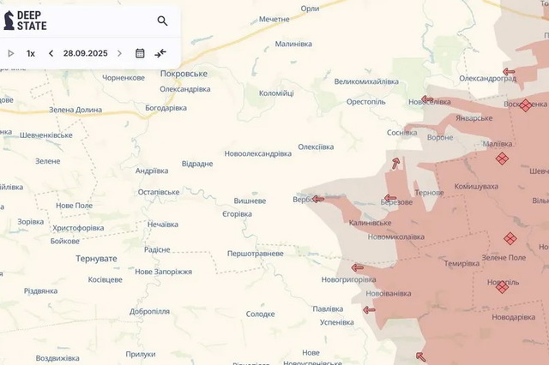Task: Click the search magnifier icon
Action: tap(162, 21)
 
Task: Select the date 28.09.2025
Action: tap(85, 53)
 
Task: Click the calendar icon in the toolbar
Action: tap(140, 53)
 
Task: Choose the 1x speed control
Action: tap(31, 53)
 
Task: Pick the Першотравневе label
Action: tap(255, 254)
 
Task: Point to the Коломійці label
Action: tap(276, 93)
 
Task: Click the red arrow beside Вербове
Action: tap(317, 199)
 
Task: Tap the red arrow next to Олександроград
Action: tap(509, 72)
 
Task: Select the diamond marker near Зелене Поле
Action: tap(510, 238)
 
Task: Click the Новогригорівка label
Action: tap(348, 279)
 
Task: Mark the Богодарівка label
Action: tap(166, 108)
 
